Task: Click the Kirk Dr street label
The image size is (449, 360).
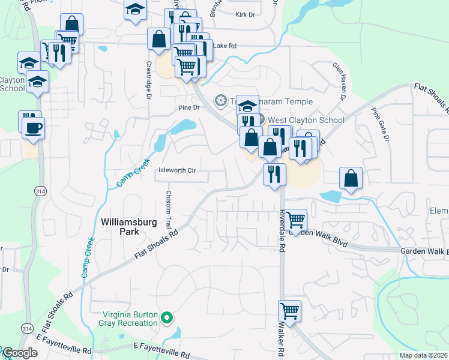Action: [246, 13]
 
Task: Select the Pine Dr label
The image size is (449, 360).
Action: [188, 107]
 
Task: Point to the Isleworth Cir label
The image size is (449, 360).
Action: [177, 170]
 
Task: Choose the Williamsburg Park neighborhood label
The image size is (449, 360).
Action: [121, 226]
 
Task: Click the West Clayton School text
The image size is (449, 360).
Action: [306, 120]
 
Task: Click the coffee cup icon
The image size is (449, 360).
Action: [33, 127]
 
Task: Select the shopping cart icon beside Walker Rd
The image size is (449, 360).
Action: [289, 312]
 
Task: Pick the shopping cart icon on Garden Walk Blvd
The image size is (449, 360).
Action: [295, 220]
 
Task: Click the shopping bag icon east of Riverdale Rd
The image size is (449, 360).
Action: [351, 178]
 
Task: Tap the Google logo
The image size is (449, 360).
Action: [20, 353]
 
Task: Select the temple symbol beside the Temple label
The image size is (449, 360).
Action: [220, 100]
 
